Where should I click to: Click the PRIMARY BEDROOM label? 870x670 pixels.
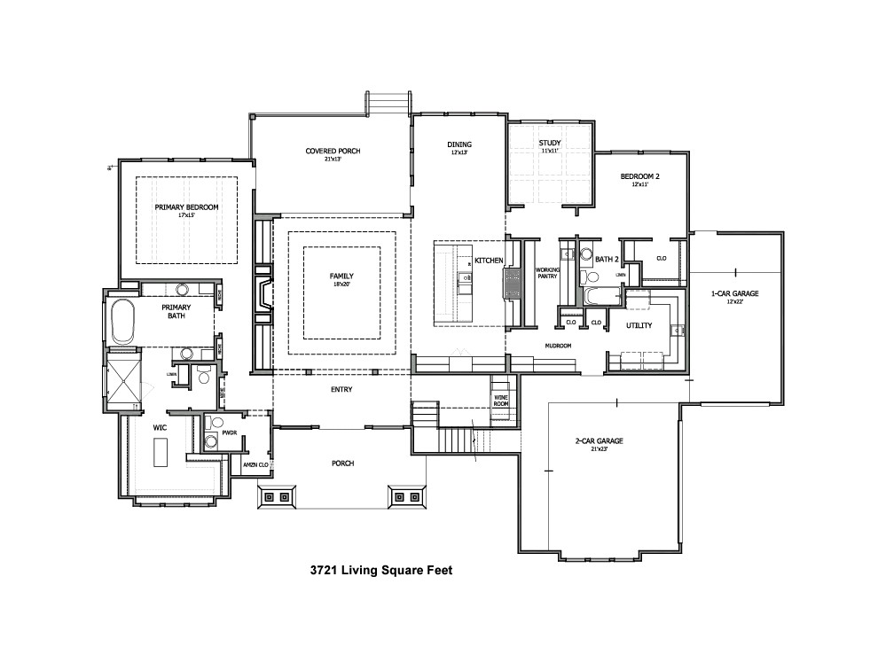coord(186,207)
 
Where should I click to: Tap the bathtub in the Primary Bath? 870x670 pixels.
coord(121,322)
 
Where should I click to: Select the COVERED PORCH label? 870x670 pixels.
coord(333,151)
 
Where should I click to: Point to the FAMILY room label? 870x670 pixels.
coord(341,276)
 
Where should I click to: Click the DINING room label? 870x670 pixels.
coord(459,144)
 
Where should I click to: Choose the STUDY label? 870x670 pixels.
coord(550,144)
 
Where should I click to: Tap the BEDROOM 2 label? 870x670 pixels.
coord(639,176)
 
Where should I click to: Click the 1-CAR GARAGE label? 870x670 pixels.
coord(734,293)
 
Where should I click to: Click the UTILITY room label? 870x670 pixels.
coord(639,325)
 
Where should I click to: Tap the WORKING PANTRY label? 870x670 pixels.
coord(546,273)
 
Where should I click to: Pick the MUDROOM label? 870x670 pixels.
coord(558,346)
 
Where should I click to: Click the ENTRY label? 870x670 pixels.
coord(341,389)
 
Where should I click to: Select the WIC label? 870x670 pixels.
coord(160,427)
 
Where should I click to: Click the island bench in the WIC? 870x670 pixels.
coord(160,453)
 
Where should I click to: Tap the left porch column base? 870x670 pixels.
coord(276,497)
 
